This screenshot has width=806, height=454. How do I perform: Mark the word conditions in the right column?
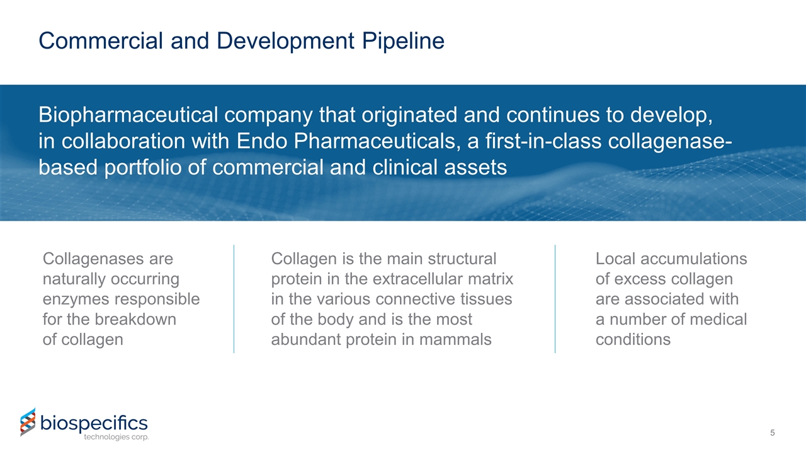click(x=633, y=340)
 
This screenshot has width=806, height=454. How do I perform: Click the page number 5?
click(x=772, y=433)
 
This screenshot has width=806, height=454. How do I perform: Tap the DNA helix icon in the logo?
click(x=28, y=422)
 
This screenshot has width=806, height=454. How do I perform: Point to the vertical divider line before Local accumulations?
click(x=555, y=299)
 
